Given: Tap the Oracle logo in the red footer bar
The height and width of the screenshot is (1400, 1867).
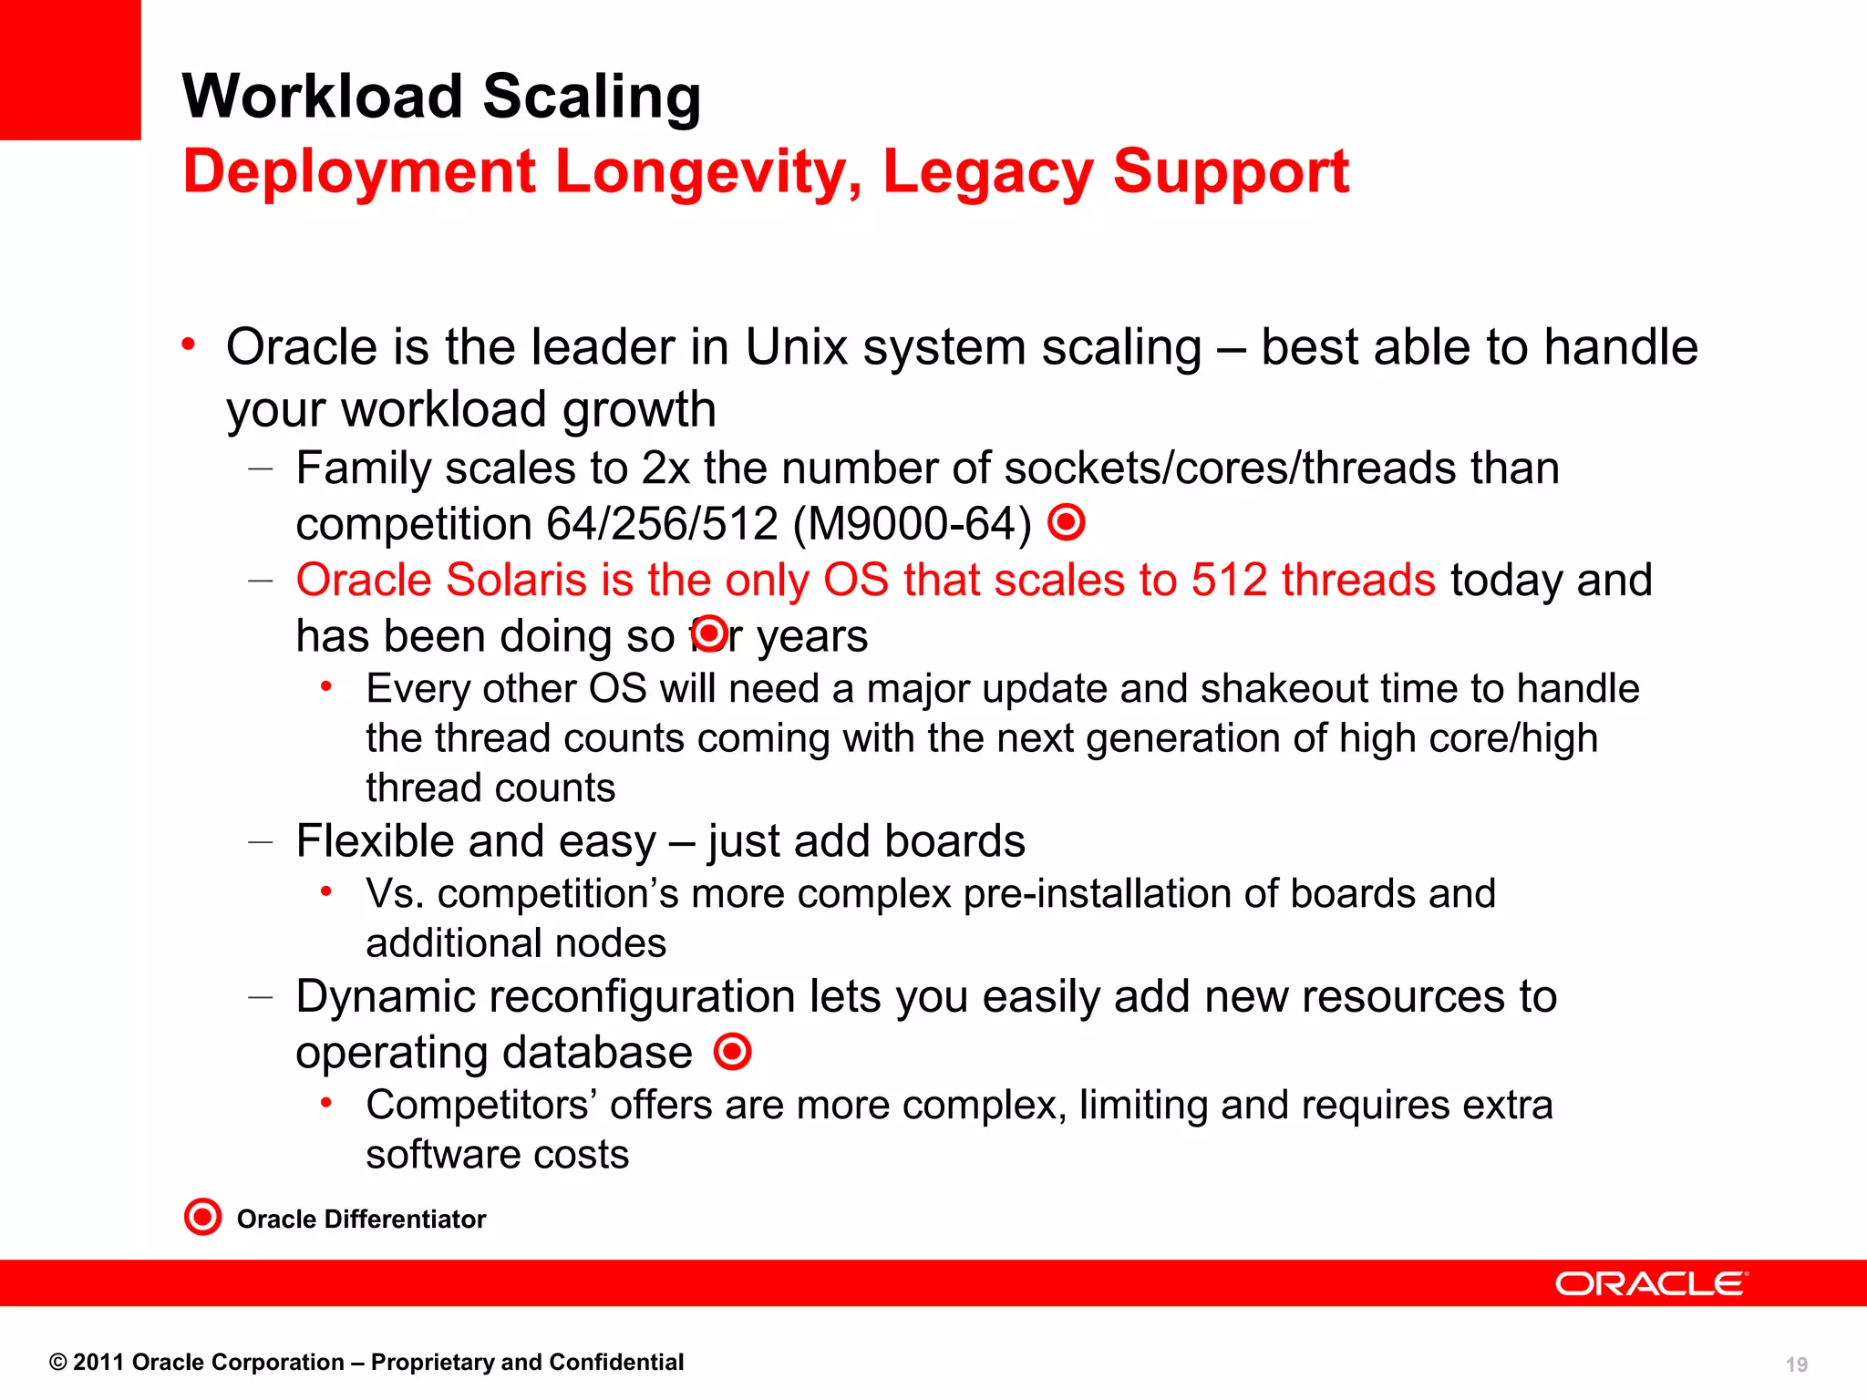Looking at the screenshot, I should (x=1651, y=1283).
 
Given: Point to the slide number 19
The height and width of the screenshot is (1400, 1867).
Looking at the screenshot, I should (x=1796, y=1364).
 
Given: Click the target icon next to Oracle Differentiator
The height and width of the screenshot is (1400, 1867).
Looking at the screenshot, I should (x=202, y=1217).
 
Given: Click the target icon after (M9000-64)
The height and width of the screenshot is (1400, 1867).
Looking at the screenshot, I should (x=1067, y=523).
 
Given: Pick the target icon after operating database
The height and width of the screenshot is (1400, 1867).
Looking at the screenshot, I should (x=733, y=1052).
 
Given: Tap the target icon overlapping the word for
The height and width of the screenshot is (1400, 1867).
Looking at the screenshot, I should (x=709, y=633).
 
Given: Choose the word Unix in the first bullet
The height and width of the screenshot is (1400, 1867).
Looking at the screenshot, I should (x=796, y=347).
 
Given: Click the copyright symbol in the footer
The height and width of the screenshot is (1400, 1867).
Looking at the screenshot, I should (x=58, y=1363).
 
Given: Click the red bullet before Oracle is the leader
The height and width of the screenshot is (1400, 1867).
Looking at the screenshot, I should (x=189, y=345).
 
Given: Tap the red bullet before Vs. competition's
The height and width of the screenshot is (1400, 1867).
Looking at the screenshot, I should (x=326, y=892).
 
